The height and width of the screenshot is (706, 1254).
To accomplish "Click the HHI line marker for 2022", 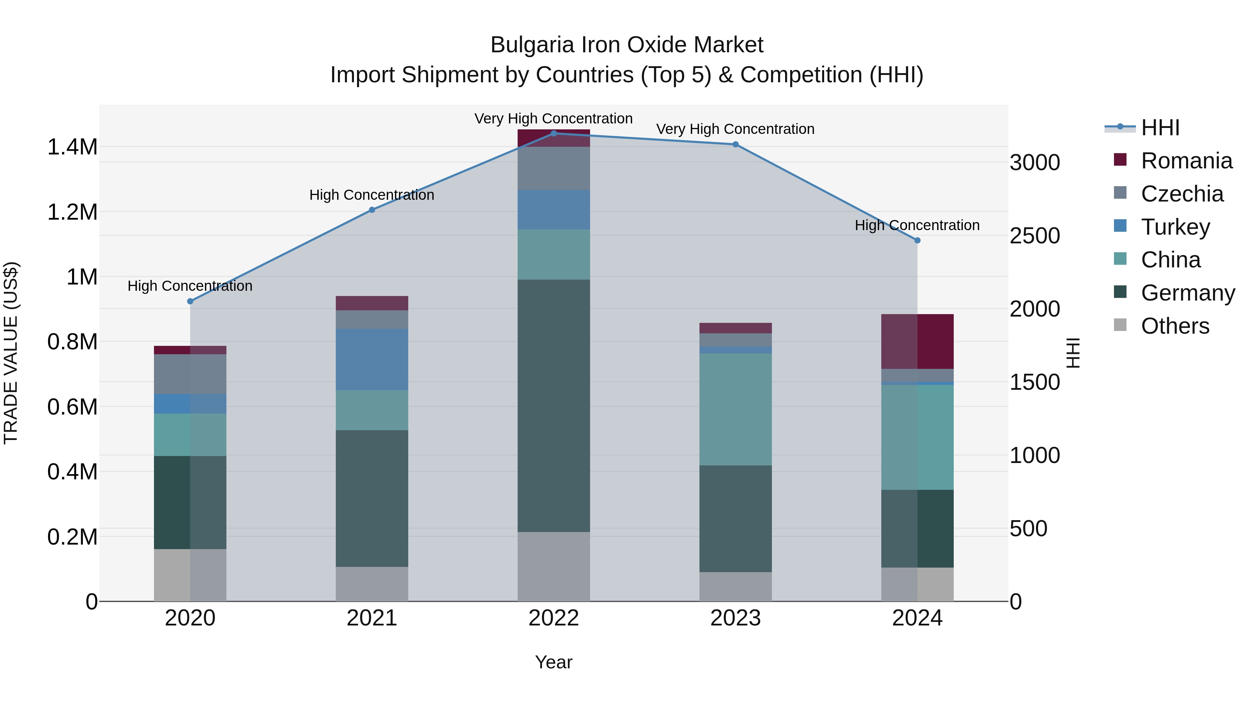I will click(554, 133).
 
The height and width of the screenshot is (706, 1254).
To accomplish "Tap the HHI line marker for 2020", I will click(190, 301).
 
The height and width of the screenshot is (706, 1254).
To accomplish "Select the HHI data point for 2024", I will click(917, 240).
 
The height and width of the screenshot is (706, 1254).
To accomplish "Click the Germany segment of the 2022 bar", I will click(554, 405).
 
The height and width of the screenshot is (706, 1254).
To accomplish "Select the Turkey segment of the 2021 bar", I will click(372, 359).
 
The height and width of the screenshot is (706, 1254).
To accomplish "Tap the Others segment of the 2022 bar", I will click(554, 566).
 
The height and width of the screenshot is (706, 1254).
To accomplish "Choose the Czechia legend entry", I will click(1182, 194).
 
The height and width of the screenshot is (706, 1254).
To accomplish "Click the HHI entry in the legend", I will click(1160, 128).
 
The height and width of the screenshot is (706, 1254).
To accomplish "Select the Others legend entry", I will click(1175, 326).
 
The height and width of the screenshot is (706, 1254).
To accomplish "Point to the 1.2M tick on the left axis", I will click(72, 212).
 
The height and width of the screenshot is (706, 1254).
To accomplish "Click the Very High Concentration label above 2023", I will click(735, 129).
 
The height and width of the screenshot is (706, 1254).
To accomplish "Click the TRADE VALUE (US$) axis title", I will click(11, 353).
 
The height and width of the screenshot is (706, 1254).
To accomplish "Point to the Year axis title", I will click(554, 662).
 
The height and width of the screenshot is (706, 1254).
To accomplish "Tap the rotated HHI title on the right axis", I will click(1073, 353).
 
